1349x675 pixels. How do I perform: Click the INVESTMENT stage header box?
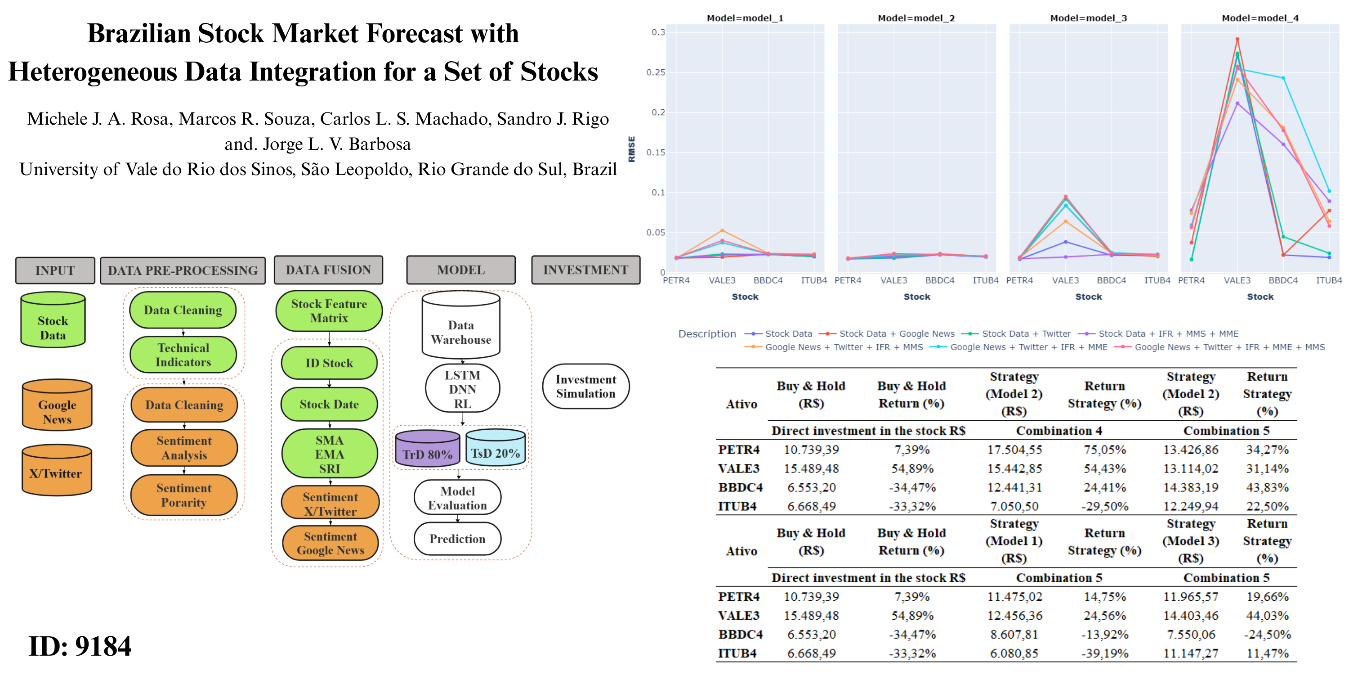[x=585, y=270]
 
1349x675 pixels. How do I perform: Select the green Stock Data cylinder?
[x=53, y=321]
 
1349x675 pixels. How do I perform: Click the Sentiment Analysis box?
[x=184, y=448]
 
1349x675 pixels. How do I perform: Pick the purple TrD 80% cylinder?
[x=427, y=449]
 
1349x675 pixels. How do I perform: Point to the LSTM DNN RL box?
[x=462, y=389]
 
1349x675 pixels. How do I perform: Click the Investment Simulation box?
[x=585, y=386]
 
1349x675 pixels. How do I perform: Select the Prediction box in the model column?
[x=457, y=539]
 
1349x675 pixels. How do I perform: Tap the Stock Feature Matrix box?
[x=329, y=311]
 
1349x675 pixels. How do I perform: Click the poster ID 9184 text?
[x=80, y=646]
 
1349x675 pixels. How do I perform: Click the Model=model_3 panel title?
[x=1088, y=18]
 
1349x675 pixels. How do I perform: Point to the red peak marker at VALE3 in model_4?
[x=1237, y=39]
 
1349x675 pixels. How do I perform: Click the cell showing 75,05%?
[x=1104, y=450]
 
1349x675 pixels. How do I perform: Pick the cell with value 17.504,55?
[x=1014, y=450]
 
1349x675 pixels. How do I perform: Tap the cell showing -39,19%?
[x=1104, y=653]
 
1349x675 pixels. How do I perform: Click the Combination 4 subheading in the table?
[x=1059, y=431]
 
